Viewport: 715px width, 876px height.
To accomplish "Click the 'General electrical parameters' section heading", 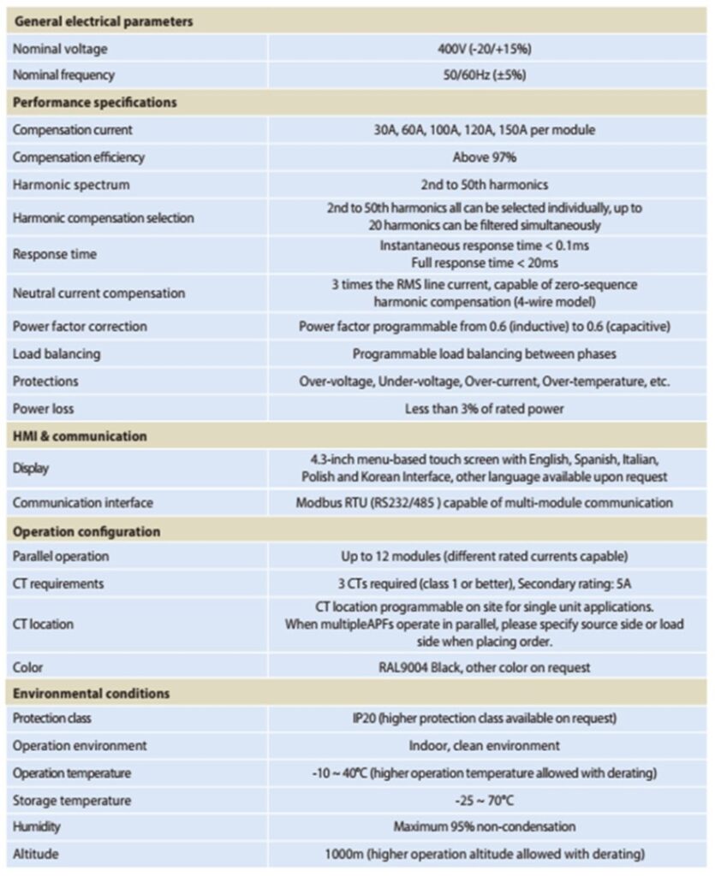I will tap(102, 21).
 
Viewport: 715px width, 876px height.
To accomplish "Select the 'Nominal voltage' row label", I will tap(60, 49).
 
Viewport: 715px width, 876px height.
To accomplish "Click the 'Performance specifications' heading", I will tap(94, 103).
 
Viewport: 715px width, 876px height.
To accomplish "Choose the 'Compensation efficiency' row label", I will tap(78, 157).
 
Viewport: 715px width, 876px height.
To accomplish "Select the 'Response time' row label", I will tap(54, 254).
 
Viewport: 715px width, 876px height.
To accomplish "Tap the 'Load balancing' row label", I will tap(56, 353).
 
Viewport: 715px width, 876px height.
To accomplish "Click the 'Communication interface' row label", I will tap(82, 503).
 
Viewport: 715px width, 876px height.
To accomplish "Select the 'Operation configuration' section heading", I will tap(86, 531).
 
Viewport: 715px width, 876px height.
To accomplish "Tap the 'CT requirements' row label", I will tap(58, 583).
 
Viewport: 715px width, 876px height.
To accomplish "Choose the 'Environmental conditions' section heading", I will tap(91, 693).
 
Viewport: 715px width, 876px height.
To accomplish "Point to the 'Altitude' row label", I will tap(35, 854).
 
